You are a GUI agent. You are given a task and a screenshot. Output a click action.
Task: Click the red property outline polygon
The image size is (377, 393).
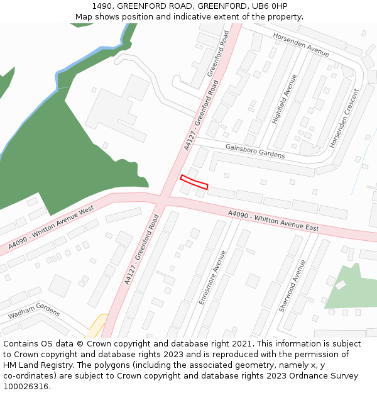pos(194,182)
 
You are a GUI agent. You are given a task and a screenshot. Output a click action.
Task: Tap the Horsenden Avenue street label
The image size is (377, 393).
pos(301,45)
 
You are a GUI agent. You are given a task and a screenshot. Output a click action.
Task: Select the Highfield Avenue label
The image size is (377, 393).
pos(284,99)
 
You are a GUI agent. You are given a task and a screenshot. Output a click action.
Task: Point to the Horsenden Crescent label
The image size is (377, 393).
pos(344,118)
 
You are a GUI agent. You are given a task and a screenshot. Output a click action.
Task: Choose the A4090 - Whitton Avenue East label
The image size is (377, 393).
pos(273,221)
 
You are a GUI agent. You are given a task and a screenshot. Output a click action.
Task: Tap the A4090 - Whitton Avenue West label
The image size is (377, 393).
pos(51,228)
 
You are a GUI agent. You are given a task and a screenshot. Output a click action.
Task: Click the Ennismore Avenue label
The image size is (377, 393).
pos(212,277)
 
